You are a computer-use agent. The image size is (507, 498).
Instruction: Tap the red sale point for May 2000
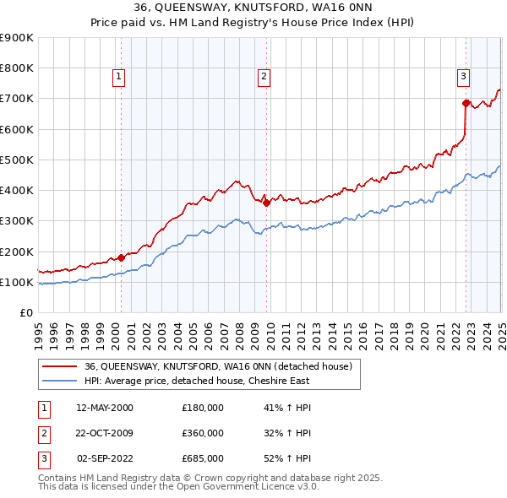click(x=121, y=257)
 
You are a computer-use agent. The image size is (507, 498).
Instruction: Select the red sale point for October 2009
click(x=266, y=203)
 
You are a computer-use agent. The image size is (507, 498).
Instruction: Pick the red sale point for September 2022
click(x=466, y=103)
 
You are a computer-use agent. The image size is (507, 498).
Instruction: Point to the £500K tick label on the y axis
click(x=17, y=160)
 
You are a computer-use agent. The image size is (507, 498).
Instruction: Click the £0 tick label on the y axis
click(x=25, y=313)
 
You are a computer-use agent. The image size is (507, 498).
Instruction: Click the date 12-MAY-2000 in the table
click(x=105, y=409)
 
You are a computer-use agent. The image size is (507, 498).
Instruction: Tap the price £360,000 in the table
click(x=203, y=433)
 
